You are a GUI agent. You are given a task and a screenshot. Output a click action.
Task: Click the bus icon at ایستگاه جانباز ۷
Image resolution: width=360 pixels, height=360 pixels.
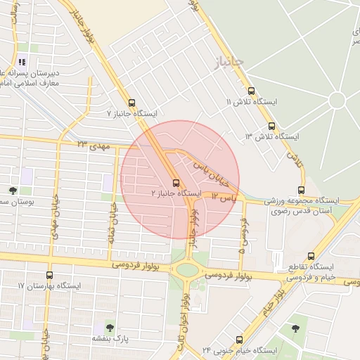click(x=131, y=103)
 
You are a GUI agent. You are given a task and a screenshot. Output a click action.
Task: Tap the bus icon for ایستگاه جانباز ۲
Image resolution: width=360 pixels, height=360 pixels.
click(x=176, y=183)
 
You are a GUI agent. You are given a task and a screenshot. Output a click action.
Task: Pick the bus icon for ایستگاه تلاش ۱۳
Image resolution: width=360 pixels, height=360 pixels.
click(x=271, y=126)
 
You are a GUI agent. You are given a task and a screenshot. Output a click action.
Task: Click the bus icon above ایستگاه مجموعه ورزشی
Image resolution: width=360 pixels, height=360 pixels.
click(x=302, y=190)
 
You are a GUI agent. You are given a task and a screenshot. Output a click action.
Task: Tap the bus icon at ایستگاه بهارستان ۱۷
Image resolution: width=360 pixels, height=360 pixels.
click(x=49, y=275)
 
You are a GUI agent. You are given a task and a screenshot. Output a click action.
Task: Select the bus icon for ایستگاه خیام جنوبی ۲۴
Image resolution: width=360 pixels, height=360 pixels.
click(x=239, y=340)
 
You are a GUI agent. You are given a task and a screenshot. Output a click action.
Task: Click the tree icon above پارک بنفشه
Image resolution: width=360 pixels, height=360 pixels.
click(x=108, y=327)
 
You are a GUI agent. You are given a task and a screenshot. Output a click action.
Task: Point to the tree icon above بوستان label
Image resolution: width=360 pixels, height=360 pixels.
click(x=13, y=191)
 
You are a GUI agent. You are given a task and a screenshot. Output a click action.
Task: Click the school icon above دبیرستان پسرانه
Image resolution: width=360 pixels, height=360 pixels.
click(x=22, y=62)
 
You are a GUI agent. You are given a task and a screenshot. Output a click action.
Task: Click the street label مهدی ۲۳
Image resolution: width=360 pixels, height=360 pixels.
click(x=95, y=144)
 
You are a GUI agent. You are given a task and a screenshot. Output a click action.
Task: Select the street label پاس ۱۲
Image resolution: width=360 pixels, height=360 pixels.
click(x=224, y=200)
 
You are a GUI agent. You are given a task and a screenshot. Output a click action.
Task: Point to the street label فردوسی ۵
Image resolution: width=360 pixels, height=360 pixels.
click(x=243, y=235)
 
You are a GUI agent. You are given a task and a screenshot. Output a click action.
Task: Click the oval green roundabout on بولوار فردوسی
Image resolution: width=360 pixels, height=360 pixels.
click(x=188, y=269)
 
